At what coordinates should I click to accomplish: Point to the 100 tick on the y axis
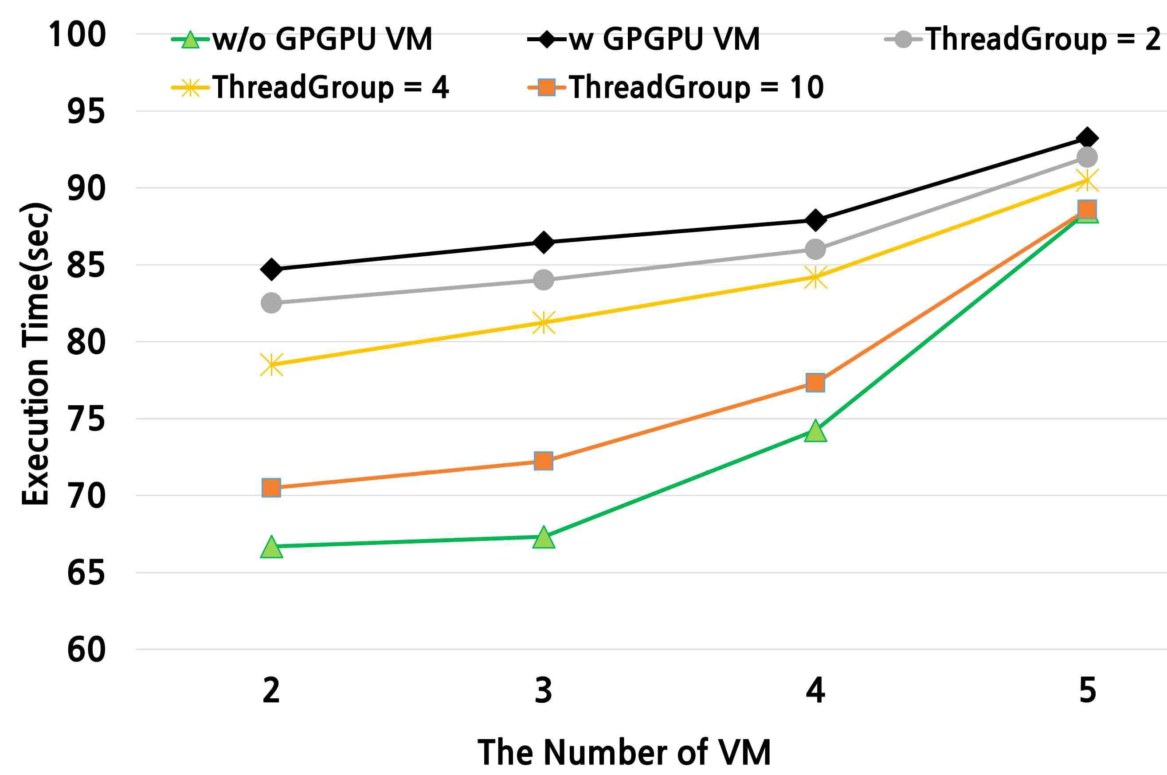point(77,35)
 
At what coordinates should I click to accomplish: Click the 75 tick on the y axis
point(86,419)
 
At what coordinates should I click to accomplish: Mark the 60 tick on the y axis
point(86,650)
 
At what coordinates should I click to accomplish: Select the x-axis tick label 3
point(543,690)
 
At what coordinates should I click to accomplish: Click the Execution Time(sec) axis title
point(35,354)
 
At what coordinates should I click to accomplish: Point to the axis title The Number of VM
point(624,752)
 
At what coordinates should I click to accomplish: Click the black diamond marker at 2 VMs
point(271,270)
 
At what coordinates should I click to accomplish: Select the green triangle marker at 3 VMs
point(544,537)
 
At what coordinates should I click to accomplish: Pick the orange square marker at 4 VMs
point(815,383)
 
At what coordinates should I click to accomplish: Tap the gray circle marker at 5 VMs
point(1087,158)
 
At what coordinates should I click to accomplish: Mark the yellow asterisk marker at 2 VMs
point(271,365)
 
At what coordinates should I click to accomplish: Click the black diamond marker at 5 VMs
point(1087,138)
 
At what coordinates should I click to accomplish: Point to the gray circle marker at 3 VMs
point(544,280)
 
